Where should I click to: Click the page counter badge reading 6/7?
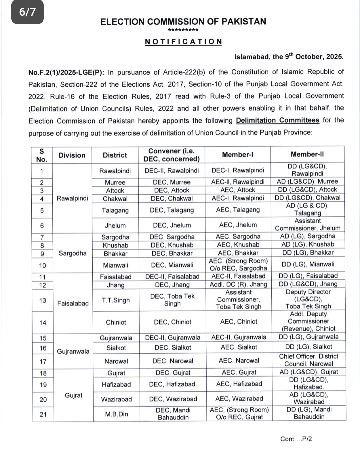click(x=27, y=12)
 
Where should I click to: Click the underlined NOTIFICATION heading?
click(x=183, y=42)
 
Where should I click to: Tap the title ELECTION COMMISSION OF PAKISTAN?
click(x=183, y=22)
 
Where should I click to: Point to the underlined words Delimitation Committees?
click(x=277, y=120)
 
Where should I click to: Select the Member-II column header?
click(x=307, y=154)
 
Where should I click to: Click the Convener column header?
click(x=171, y=155)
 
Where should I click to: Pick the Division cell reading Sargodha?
click(x=72, y=253)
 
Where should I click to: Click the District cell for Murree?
click(x=115, y=182)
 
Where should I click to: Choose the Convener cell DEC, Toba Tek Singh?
click(x=172, y=300)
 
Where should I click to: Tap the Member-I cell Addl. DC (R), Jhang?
click(x=238, y=285)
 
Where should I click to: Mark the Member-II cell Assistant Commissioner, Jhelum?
click(x=308, y=224)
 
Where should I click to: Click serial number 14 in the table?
click(x=43, y=323)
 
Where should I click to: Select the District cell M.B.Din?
click(x=116, y=414)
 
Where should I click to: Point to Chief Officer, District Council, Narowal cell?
click(x=308, y=360)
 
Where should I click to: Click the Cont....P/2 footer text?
click(x=296, y=439)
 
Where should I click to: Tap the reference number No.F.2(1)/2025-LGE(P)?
click(x=66, y=72)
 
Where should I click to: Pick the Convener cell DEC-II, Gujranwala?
click(x=173, y=338)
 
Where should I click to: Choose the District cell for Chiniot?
click(x=116, y=322)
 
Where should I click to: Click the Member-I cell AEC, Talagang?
click(x=238, y=210)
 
